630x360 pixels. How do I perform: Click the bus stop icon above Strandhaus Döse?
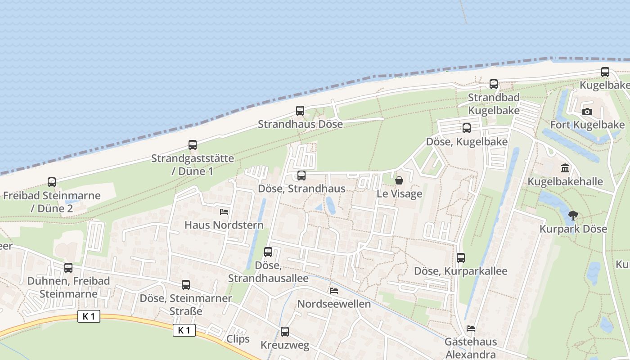pyautogui.click(x=300, y=111)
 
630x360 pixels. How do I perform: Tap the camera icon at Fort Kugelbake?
pyautogui.click(x=587, y=112)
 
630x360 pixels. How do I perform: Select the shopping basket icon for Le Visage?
pyautogui.click(x=399, y=180)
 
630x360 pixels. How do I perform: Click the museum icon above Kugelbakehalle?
pyautogui.click(x=565, y=168)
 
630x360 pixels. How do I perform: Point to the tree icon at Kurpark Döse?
pyautogui.click(x=573, y=215)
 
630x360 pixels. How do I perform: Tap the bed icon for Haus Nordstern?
pyautogui.click(x=224, y=211)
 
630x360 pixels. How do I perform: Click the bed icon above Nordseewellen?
pyautogui.click(x=333, y=290)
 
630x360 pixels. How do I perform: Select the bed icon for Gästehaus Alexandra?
pyautogui.click(x=470, y=328)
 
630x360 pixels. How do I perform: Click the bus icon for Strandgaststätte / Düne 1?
pyautogui.click(x=193, y=145)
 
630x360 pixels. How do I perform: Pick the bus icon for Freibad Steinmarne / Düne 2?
pyautogui.click(x=52, y=182)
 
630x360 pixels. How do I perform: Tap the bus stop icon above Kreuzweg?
pyautogui.click(x=285, y=332)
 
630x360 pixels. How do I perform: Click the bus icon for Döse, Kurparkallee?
pyautogui.click(x=460, y=258)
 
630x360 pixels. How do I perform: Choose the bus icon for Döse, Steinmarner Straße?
pyautogui.click(x=185, y=285)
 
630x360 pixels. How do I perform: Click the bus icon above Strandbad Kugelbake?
pyautogui.click(x=494, y=84)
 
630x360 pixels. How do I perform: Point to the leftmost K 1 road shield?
pyautogui.click(x=89, y=316)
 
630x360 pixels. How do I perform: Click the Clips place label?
pyautogui.click(x=238, y=339)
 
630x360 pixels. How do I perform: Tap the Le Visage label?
pyautogui.click(x=400, y=193)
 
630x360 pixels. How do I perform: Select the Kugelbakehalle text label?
pyautogui.click(x=565, y=182)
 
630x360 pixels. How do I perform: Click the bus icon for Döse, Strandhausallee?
pyautogui.click(x=268, y=252)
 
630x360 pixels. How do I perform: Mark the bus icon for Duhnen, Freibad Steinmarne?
pyautogui.click(x=68, y=268)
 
